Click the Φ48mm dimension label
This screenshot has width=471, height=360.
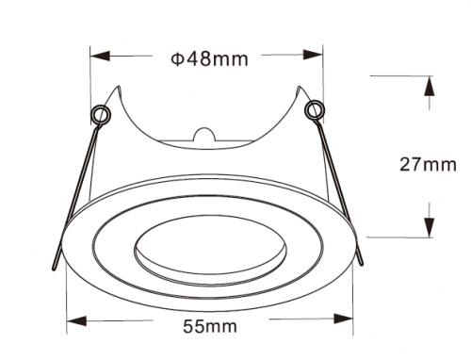[209, 59]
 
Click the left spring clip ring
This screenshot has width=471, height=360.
[100, 115]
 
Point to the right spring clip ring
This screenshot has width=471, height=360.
[313, 110]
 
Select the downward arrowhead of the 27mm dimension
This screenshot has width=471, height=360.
[430, 226]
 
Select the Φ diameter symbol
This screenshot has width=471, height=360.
[176, 59]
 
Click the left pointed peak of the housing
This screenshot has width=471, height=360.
[119, 89]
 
